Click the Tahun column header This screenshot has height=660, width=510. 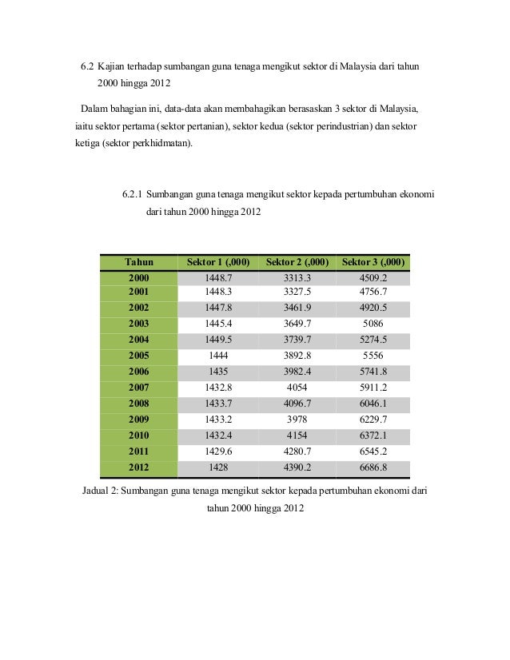pos(137,262)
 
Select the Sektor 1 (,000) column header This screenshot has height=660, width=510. pos(217,262)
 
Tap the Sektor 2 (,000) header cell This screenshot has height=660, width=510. pos(297,262)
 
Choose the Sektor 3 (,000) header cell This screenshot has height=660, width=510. pos(373,262)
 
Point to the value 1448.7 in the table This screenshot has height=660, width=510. pos(218,277)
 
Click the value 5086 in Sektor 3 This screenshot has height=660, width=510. pos(374,324)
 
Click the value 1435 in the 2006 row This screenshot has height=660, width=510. pos(218,372)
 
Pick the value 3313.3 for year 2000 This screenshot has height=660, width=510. pos(297,277)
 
